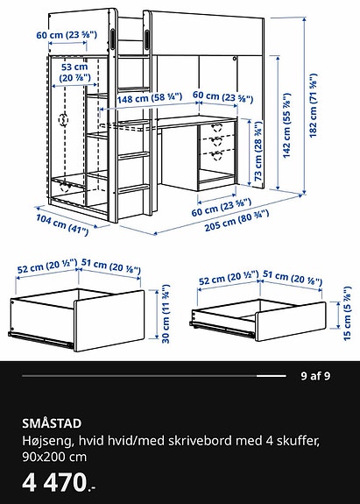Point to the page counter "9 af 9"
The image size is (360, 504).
click(x=314, y=377)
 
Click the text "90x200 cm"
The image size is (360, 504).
click(x=49, y=456)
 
